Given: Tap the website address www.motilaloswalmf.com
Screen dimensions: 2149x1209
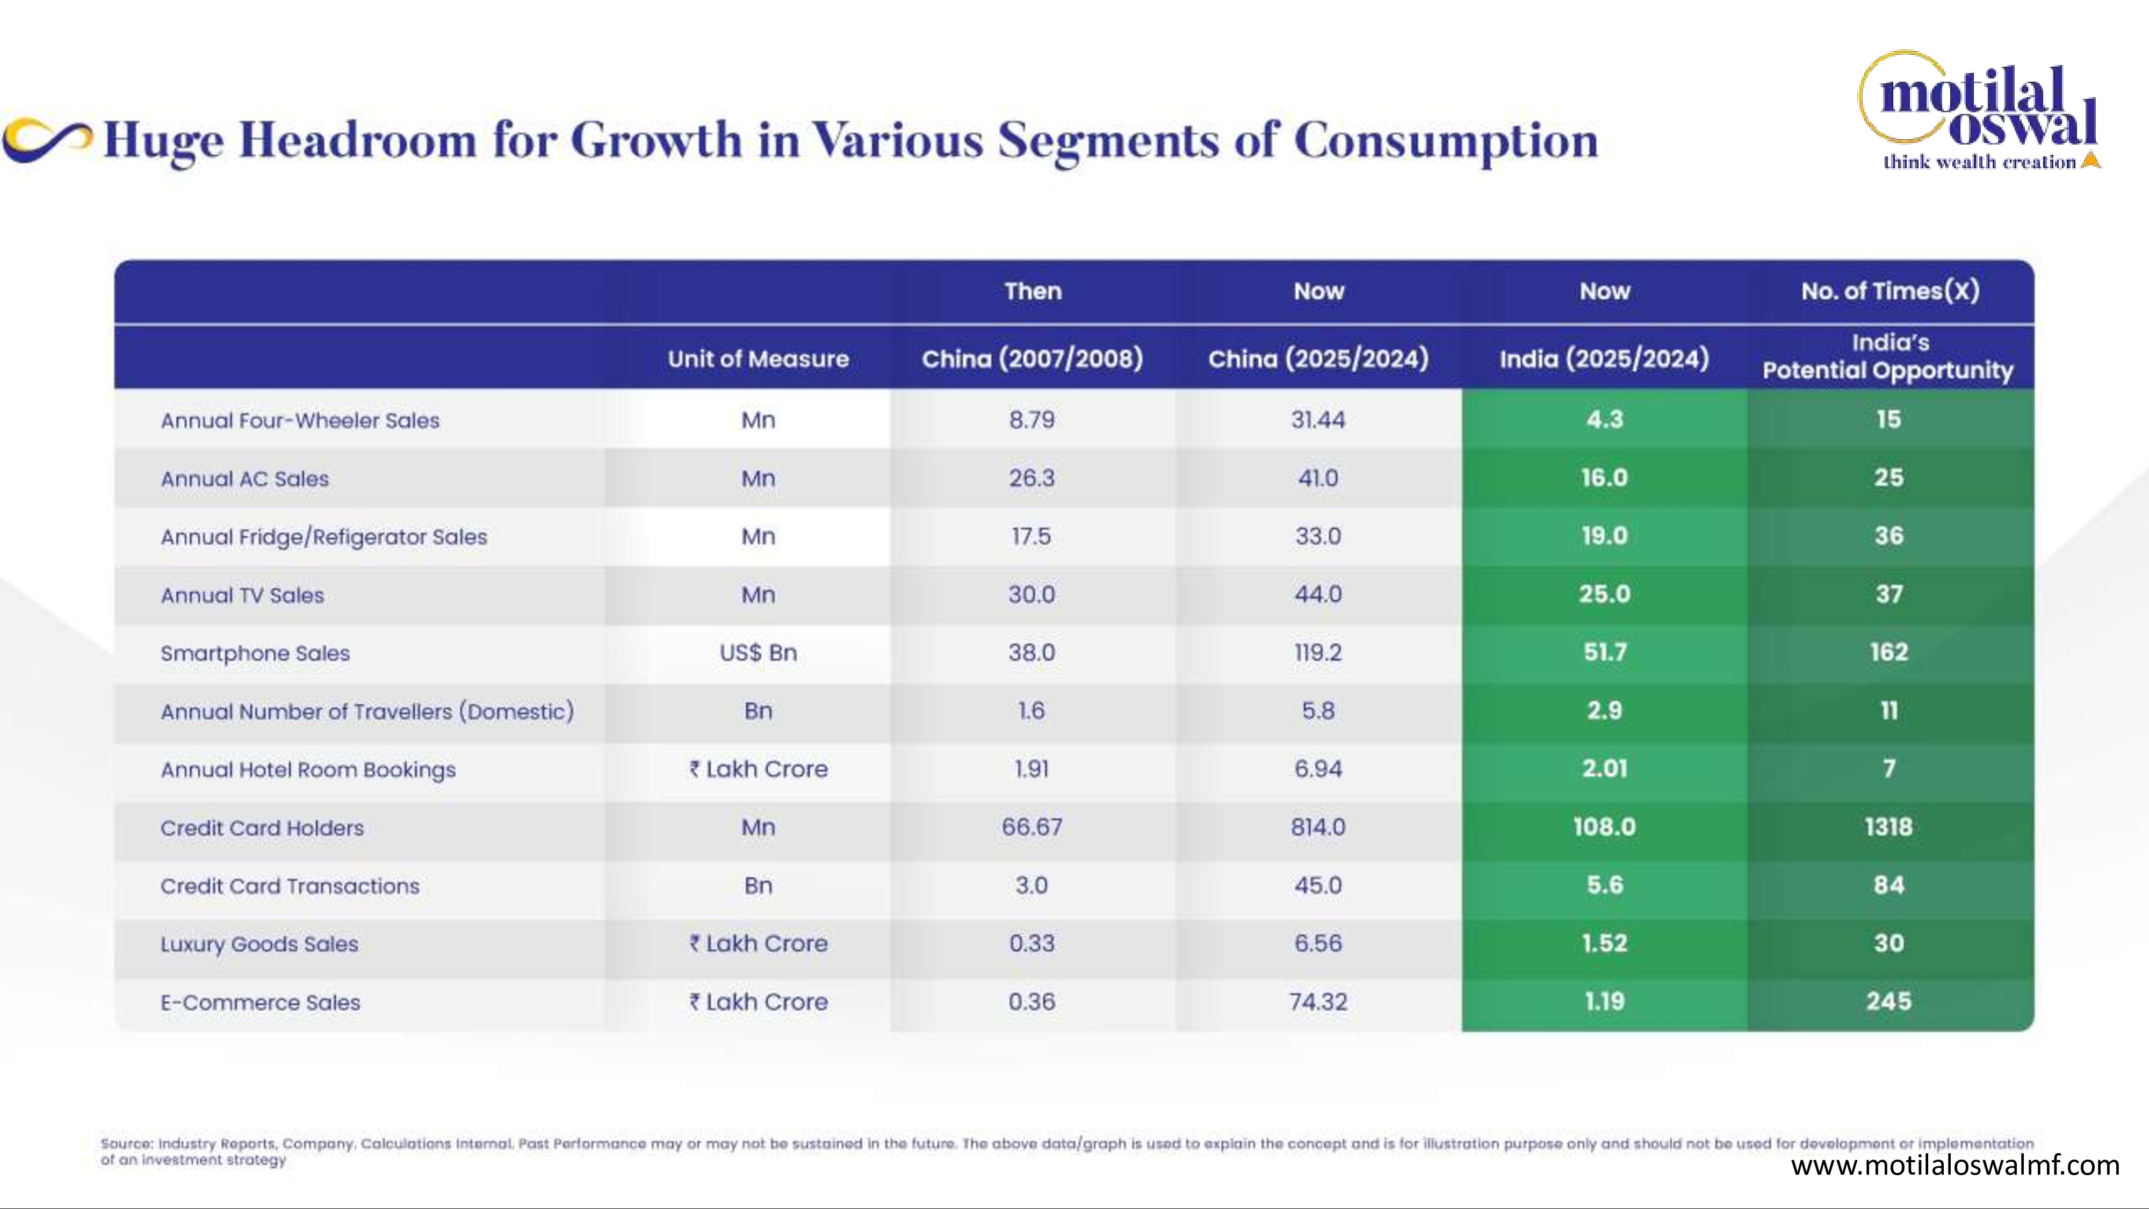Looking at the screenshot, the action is [x=1955, y=1165].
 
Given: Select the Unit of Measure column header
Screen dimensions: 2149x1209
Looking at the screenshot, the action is [x=758, y=359].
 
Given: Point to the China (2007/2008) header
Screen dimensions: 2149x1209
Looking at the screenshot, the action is [x=1032, y=359].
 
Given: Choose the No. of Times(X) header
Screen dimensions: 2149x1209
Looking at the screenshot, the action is [x=1890, y=291].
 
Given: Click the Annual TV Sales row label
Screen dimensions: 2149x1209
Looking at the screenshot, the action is [x=242, y=595].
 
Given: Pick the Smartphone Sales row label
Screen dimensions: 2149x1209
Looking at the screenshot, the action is [x=255, y=653].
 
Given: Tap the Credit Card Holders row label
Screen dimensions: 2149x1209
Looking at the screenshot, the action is [x=262, y=827].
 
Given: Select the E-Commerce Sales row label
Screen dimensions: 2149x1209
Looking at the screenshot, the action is [x=260, y=1002].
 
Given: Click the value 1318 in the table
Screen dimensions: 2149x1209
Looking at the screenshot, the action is [x=1889, y=827].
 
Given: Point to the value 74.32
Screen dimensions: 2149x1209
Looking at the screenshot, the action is [x=1318, y=1001].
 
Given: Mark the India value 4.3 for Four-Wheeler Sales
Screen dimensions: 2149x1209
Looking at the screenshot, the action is [x=1604, y=419].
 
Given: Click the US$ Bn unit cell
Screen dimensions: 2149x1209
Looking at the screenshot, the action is [x=758, y=652].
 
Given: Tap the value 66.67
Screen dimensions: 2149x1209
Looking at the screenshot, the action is [x=1032, y=827].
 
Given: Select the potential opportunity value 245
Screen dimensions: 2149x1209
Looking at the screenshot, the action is [x=1889, y=1001].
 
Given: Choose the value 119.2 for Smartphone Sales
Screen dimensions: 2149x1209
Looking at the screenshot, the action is [x=1318, y=652].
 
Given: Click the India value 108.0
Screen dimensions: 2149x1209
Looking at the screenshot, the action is [x=1604, y=827].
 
